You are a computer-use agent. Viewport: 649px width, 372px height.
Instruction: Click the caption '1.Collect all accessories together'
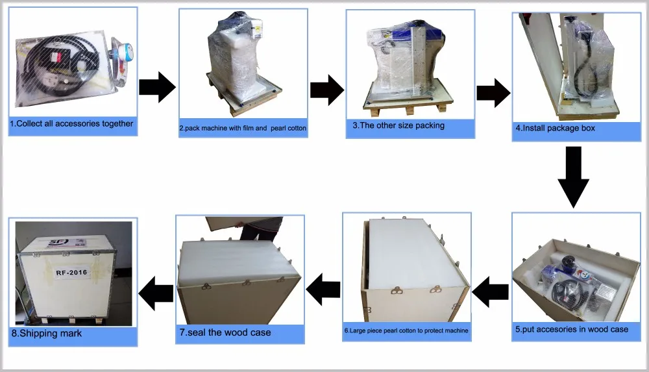coord(71,123)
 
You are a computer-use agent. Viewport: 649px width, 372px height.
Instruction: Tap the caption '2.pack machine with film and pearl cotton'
coord(242,129)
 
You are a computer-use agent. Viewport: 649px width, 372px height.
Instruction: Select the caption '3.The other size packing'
coord(398,125)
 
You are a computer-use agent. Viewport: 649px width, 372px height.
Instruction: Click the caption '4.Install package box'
coord(555,128)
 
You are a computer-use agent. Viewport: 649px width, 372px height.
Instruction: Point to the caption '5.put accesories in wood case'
coord(572,329)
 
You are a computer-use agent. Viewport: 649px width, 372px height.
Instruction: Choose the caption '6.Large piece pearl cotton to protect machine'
coord(406,330)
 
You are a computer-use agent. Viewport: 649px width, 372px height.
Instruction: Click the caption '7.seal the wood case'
coord(225,332)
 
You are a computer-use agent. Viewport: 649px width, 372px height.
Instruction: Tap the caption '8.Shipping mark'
coord(46,334)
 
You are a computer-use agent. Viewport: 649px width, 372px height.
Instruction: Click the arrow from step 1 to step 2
coord(158,87)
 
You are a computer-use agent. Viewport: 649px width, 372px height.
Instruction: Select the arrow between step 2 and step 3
coord(326,90)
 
